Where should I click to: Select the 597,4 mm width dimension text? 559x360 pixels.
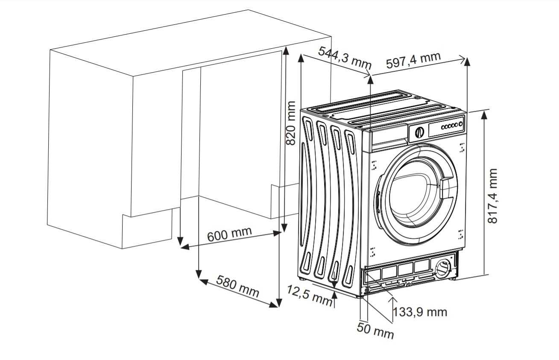click(x=413, y=60)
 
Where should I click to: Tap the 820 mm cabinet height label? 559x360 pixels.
click(x=290, y=123)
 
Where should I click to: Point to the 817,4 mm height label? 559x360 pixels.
click(x=493, y=196)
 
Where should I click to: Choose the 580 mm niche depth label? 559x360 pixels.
click(x=237, y=286)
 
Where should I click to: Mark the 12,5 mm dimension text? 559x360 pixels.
click(x=309, y=295)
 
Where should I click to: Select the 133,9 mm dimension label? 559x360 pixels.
click(x=420, y=312)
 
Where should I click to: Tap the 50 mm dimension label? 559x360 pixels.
click(x=375, y=331)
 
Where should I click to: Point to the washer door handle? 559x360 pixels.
click(x=447, y=188)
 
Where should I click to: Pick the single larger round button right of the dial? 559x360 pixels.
click(x=461, y=124)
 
